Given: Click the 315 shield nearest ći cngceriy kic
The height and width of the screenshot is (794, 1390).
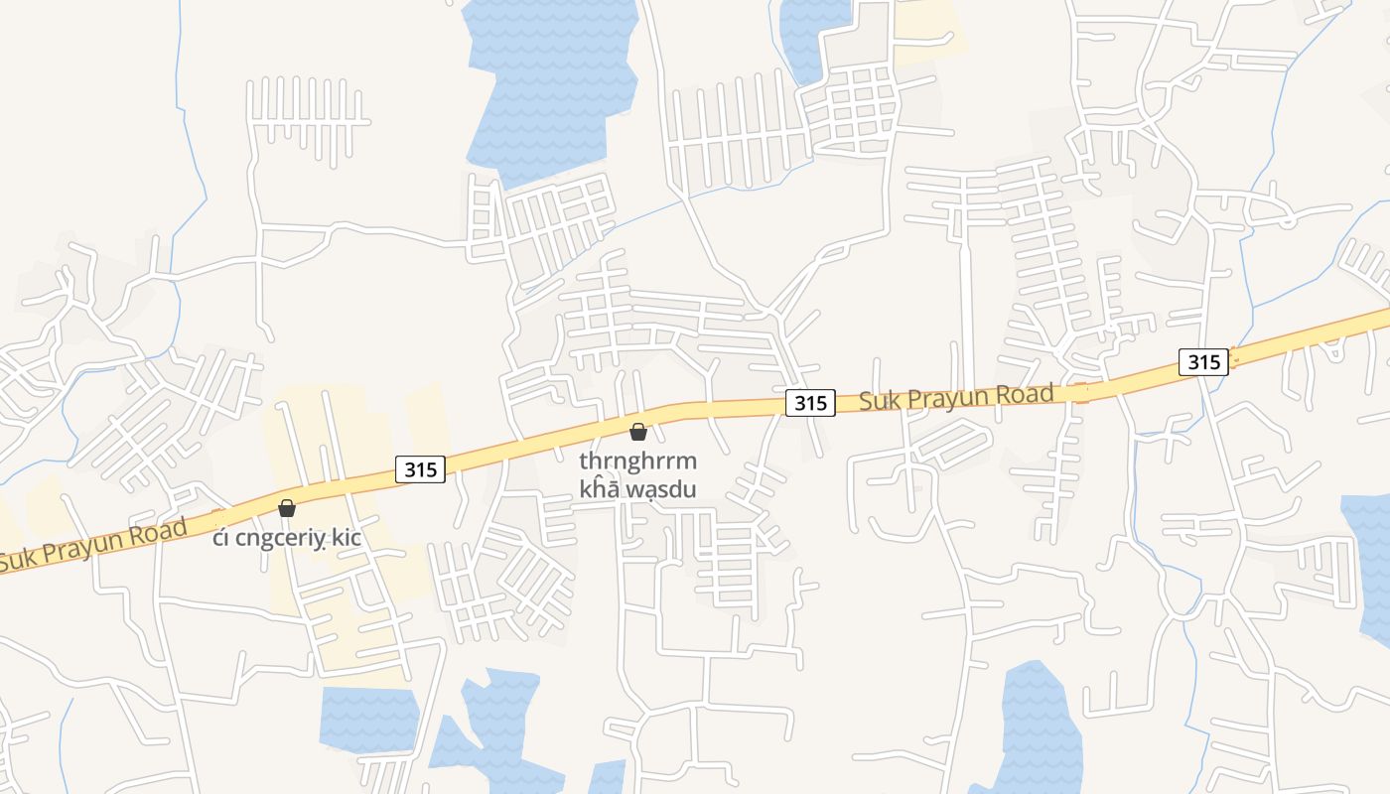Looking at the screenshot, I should [421, 468].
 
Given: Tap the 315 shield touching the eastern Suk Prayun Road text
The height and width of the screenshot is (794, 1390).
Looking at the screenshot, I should [810, 403].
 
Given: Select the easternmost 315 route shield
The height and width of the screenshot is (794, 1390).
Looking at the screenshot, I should [1203, 361].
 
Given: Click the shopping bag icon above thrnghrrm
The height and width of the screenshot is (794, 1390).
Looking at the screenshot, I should [638, 432].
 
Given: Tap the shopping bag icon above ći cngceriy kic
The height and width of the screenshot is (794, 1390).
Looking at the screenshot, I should [287, 508].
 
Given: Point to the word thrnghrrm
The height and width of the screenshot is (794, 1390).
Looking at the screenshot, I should [638, 462].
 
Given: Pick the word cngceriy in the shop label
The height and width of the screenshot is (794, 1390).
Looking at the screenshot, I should [280, 538].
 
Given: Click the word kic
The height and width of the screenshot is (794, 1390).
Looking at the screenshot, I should [347, 538].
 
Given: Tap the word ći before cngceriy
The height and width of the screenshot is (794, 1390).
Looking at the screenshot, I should [219, 538].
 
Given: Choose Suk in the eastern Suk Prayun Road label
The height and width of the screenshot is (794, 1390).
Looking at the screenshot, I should [877, 401].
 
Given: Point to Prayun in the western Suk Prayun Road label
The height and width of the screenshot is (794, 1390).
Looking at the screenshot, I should [85, 546].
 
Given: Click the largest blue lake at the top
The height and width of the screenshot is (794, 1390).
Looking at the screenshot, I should [551, 79].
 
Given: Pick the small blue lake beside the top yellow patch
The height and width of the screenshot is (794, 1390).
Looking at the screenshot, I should [812, 35].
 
